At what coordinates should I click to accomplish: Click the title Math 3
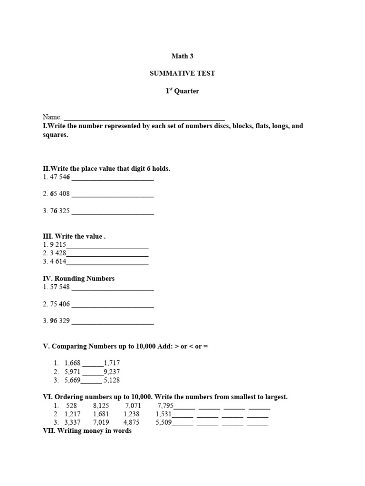point(182,56)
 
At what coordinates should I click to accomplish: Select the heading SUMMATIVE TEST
point(182,74)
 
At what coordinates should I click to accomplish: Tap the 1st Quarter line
point(182,91)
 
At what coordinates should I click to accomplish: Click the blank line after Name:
point(144,117)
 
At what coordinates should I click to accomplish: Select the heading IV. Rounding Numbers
point(79,279)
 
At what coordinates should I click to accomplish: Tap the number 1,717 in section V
point(112,363)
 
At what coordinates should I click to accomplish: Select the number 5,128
point(112,380)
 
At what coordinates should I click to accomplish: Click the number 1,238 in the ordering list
point(131,414)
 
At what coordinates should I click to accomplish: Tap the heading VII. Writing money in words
point(87,431)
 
